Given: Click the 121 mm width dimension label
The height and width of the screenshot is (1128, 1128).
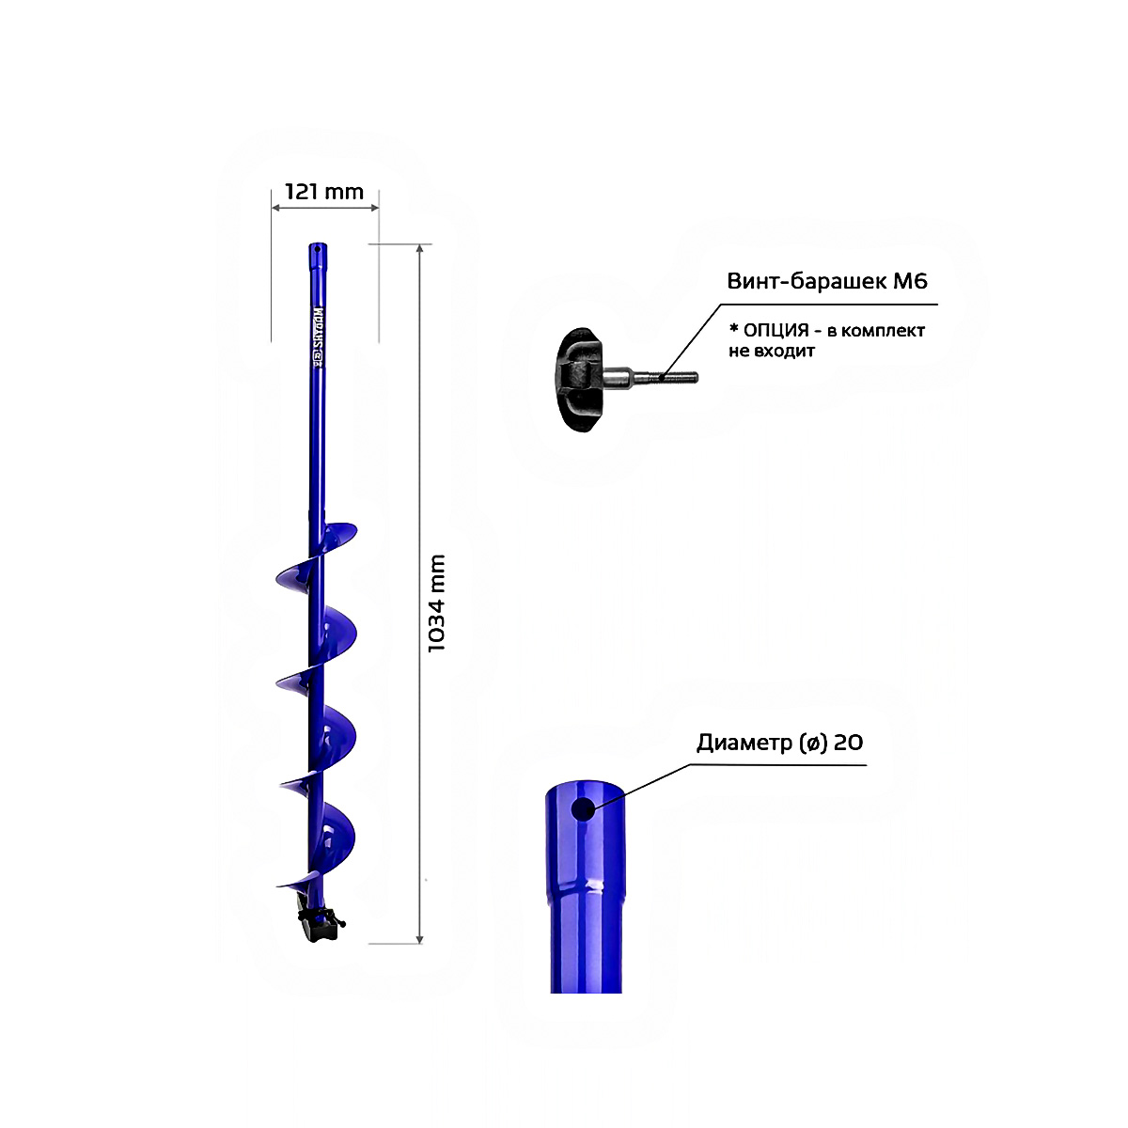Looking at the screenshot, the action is (x=323, y=192).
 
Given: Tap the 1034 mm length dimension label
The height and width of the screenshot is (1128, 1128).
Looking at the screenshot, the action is (x=437, y=603).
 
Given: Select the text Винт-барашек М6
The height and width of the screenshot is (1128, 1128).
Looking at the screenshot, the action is (x=827, y=281).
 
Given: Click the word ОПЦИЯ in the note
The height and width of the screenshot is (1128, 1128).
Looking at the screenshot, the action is (x=776, y=331).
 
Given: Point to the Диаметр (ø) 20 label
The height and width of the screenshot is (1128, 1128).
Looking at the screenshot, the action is (x=779, y=743).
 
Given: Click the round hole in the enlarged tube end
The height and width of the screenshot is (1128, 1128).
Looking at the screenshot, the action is (x=583, y=809).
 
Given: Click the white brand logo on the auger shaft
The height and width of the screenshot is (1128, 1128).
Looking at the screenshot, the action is (x=319, y=337).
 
